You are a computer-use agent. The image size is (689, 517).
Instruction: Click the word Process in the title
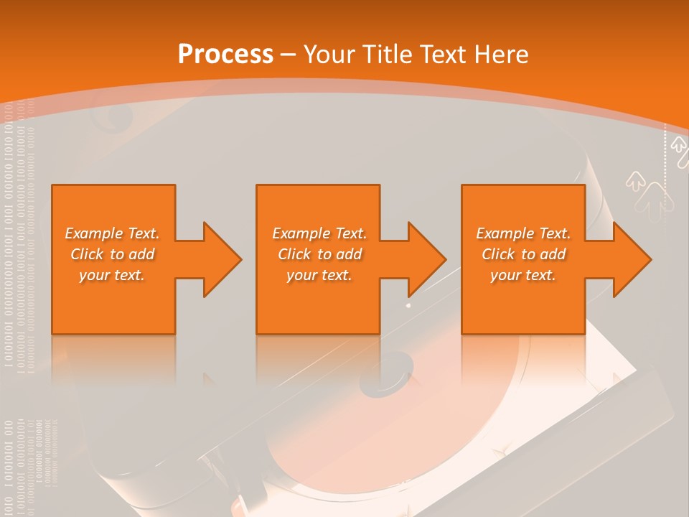point(225,54)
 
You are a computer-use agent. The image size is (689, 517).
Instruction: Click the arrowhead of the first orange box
point(219,259)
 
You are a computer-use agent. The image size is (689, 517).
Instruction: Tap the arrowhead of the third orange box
point(629,259)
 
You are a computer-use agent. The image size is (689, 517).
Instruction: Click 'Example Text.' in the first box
point(112,233)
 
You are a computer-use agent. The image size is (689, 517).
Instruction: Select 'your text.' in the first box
point(112,275)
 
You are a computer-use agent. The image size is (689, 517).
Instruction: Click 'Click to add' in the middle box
point(319,254)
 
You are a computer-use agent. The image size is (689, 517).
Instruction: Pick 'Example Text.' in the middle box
point(319,233)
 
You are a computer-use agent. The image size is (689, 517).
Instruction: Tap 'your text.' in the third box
point(523,275)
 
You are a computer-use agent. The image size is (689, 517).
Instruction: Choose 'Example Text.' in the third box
point(523,233)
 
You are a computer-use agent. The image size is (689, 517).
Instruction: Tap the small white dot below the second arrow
point(408,305)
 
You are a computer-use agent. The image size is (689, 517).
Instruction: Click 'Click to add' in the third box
point(523,254)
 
